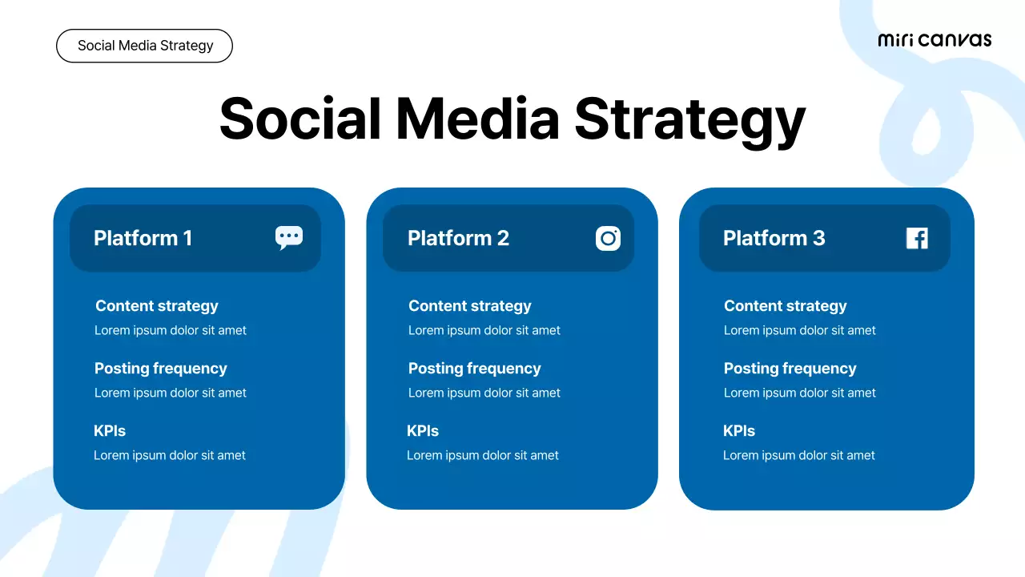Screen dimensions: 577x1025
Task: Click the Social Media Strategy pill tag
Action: [144, 46]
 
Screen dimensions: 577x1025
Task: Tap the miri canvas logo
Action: [935, 40]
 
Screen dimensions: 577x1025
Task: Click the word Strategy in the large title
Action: [689, 120]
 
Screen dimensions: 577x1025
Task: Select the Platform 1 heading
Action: [143, 238]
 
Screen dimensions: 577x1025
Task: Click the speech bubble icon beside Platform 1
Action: [289, 237]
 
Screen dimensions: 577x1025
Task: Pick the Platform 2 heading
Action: [458, 238]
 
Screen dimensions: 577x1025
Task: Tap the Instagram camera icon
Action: [608, 238]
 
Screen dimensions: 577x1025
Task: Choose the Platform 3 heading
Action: [774, 238]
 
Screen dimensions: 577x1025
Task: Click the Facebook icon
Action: [917, 238]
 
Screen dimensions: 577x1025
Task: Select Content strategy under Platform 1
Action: [157, 306]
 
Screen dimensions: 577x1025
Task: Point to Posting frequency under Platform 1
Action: [161, 369]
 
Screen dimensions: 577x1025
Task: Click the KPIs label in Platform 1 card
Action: [110, 431]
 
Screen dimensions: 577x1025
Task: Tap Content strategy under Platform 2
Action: [470, 306]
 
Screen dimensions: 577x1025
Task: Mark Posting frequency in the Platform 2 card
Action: [475, 369]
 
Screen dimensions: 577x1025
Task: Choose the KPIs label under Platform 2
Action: [423, 431]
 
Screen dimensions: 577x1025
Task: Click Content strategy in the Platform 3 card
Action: [786, 306]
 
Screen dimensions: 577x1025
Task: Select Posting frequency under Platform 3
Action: [790, 369]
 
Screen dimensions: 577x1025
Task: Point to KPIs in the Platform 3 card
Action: [739, 431]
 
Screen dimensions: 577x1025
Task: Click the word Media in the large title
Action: [477, 119]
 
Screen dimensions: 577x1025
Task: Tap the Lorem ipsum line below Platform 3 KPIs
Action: [799, 455]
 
